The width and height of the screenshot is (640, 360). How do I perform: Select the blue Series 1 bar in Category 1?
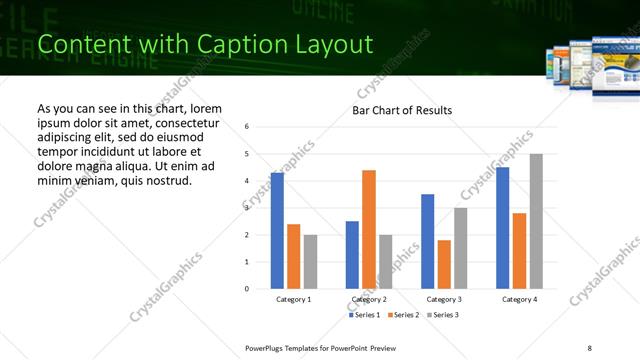pyautogui.click(x=277, y=231)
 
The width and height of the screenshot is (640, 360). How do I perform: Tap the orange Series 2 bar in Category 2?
pyautogui.click(x=369, y=229)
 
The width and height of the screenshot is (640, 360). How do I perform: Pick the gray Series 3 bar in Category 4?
pyautogui.click(x=536, y=221)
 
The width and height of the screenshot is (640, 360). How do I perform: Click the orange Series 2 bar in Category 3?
pyautogui.click(x=444, y=264)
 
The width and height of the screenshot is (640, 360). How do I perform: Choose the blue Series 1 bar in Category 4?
pyautogui.click(x=502, y=228)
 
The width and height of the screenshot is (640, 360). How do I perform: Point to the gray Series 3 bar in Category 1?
pyautogui.click(x=310, y=262)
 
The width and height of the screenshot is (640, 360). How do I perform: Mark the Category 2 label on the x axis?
pyautogui.click(x=369, y=299)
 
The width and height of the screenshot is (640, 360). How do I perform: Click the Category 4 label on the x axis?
pyautogui.click(x=519, y=299)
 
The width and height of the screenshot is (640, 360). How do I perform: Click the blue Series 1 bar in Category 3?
pyautogui.click(x=427, y=241)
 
